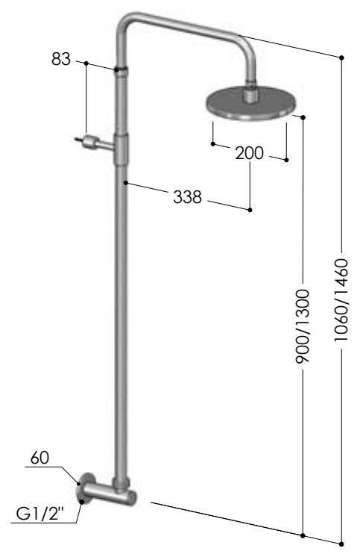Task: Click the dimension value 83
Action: click(x=61, y=59)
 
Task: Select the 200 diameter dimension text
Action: click(x=250, y=153)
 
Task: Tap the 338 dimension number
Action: click(x=187, y=197)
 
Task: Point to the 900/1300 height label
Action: click(x=303, y=326)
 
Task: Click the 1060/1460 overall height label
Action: click(x=341, y=300)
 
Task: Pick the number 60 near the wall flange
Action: click(x=40, y=458)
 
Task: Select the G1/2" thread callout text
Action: click(x=40, y=514)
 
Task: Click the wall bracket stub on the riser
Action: click(x=94, y=142)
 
